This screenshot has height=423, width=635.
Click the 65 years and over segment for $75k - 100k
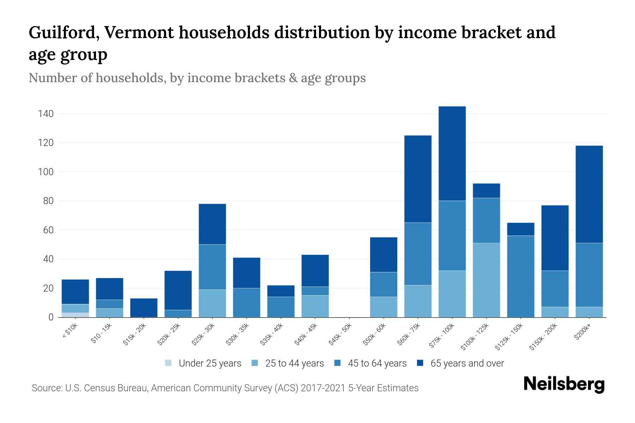click(x=452, y=153)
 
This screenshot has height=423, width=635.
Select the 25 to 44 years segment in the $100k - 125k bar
click(x=486, y=280)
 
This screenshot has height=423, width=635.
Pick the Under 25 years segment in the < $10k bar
click(x=75, y=315)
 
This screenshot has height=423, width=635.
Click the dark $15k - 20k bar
click(x=144, y=307)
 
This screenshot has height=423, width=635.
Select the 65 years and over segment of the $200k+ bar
click(x=589, y=194)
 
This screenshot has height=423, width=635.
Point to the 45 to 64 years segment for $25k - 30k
click(x=212, y=267)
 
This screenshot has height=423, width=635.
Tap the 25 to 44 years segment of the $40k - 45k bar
click(x=315, y=306)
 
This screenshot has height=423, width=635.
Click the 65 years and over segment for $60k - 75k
click(x=418, y=179)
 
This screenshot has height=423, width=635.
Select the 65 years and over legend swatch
click(x=420, y=363)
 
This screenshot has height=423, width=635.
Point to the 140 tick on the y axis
click(x=46, y=114)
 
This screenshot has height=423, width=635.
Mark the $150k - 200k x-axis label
click(x=543, y=337)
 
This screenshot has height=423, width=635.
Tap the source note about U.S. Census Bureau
click(x=225, y=388)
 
